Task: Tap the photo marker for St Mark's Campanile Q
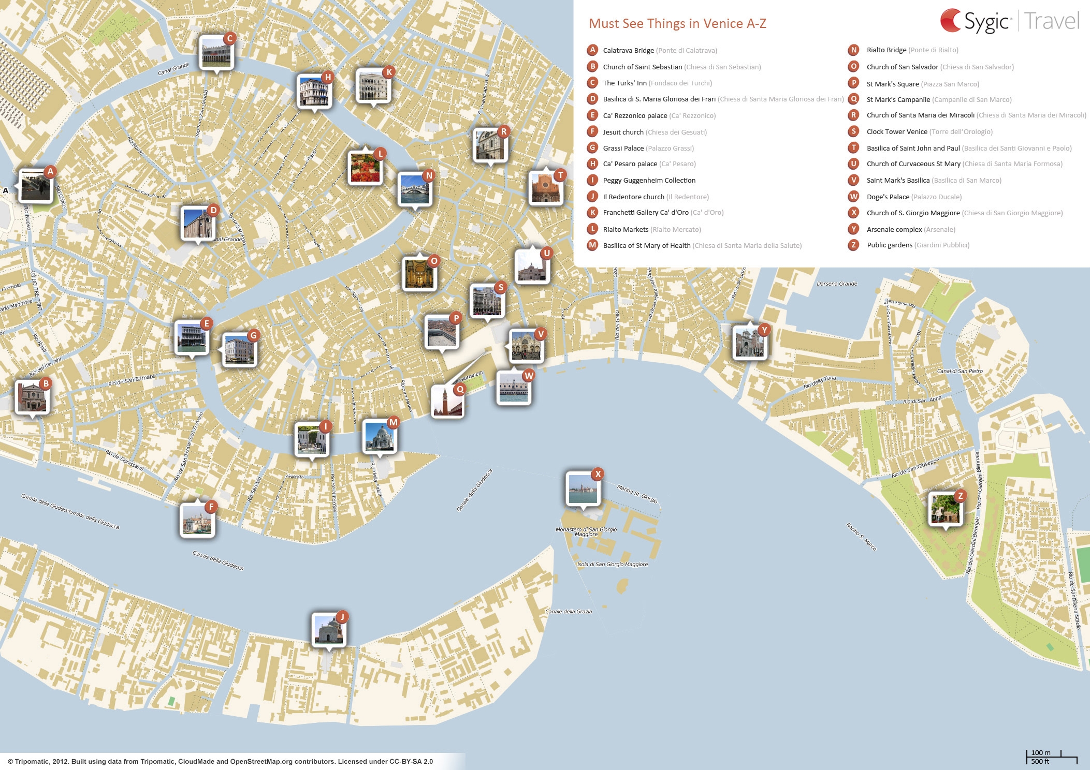pyautogui.click(x=447, y=401)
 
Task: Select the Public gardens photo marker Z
pyautogui.click(x=946, y=509)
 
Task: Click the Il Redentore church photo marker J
pyautogui.click(x=328, y=630)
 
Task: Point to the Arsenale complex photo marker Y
pyautogui.click(x=749, y=342)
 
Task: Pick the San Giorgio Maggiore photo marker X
pyautogui.click(x=583, y=488)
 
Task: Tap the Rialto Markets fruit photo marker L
pyautogui.click(x=365, y=168)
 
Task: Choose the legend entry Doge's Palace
pyautogui.click(x=888, y=197)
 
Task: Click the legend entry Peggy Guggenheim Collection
pyautogui.click(x=649, y=180)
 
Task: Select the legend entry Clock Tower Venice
pyautogui.click(x=897, y=131)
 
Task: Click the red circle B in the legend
pyautogui.click(x=592, y=66)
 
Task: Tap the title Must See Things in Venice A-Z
pyautogui.click(x=677, y=24)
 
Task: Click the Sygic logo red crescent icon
pyautogui.click(x=951, y=21)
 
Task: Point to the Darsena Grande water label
pyautogui.click(x=837, y=284)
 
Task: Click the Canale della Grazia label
pyautogui.click(x=568, y=612)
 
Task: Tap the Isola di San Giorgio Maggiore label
pyautogui.click(x=613, y=565)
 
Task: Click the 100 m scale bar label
pyautogui.click(x=1041, y=753)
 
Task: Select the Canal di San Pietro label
pyautogui.click(x=960, y=371)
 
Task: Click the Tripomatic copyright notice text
pyautogui.click(x=221, y=761)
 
